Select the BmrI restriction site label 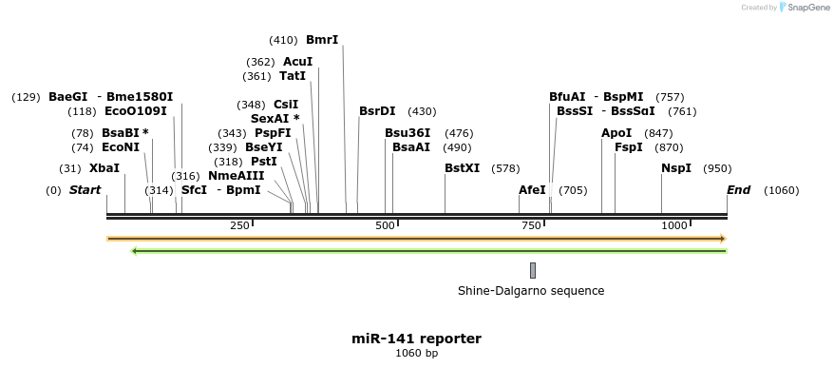click(x=322, y=40)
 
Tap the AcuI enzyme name click(x=297, y=62)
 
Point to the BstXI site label click(x=463, y=168)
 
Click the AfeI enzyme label click(x=532, y=190)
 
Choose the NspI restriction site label click(x=676, y=168)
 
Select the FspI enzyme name click(x=629, y=147)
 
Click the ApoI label click(x=616, y=133)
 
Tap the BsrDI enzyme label click(x=377, y=111)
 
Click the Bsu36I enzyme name click(x=408, y=133)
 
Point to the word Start click(x=85, y=190)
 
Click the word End click(x=738, y=190)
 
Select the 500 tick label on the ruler click(x=385, y=225)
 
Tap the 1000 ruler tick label click(x=674, y=225)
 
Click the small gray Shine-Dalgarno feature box click(x=533, y=270)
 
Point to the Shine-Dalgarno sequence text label click(x=531, y=291)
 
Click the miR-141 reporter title click(x=416, y=339)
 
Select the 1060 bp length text click(x=416, y=354)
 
